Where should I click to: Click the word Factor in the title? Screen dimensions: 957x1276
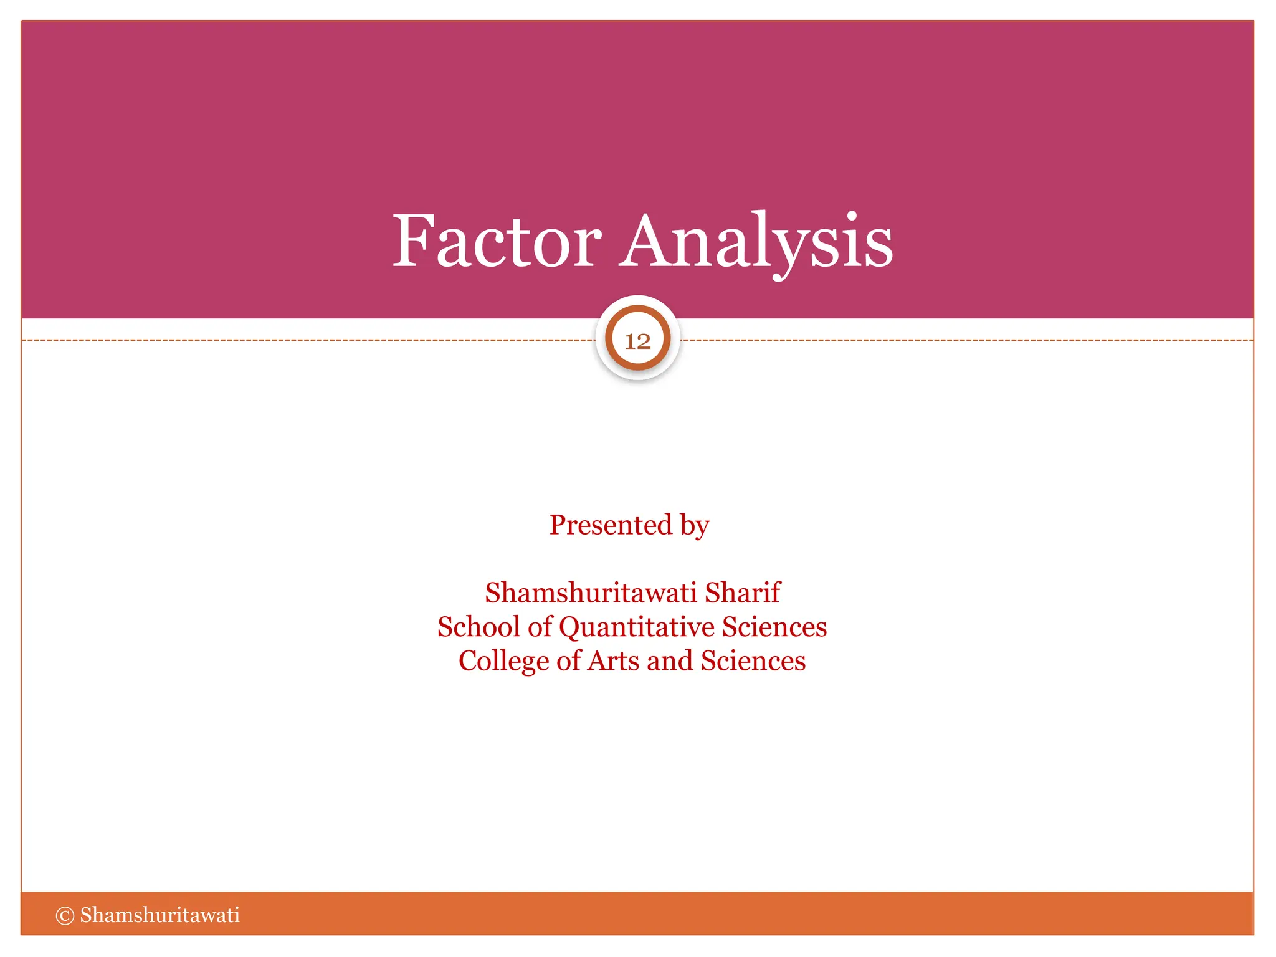tap(497, 242)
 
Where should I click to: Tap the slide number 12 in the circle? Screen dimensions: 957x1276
tap(637, 341)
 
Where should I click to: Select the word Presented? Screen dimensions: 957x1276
tap(611, 525)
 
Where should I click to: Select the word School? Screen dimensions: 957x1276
tap(478, 627)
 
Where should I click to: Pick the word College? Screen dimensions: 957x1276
tap(503, 662)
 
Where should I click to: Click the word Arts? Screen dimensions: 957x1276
tap(613, 661)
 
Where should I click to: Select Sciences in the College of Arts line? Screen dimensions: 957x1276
tap(753, 661)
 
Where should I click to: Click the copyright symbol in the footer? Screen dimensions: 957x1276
tap(65, 915)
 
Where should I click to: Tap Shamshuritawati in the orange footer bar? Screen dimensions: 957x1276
tap(159, 915)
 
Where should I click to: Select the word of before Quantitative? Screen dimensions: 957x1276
tap(540, 627)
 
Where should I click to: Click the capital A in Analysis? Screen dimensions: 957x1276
tap(646, 242)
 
